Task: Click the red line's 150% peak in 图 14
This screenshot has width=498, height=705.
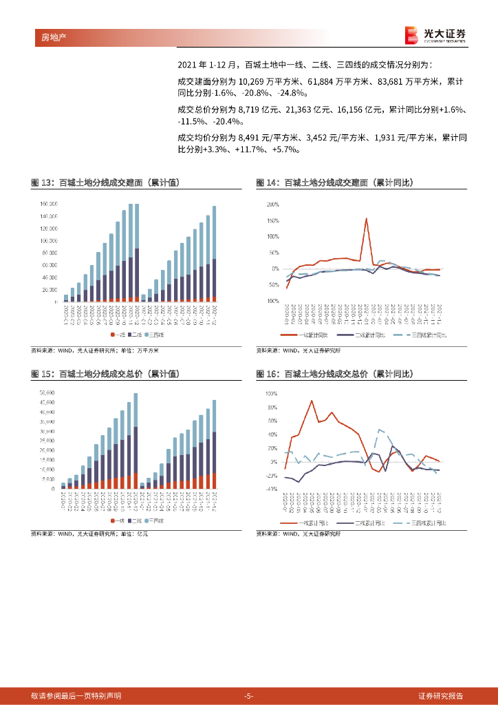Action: pos(366,219)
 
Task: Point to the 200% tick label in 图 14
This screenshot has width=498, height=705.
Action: pos(272,204)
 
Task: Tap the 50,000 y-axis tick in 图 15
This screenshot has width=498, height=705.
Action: pos(47,392)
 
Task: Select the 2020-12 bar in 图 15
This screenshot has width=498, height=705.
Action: pos(136,441)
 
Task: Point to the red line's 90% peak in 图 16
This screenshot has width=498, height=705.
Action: pos(312,400)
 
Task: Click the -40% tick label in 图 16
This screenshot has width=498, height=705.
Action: pos(271,489)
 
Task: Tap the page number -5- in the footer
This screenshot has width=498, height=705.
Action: pos(249,695)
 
